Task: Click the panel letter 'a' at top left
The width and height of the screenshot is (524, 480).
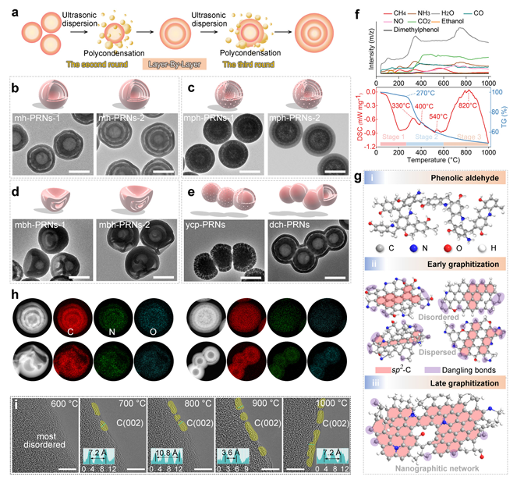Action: click(x=8, y=7)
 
